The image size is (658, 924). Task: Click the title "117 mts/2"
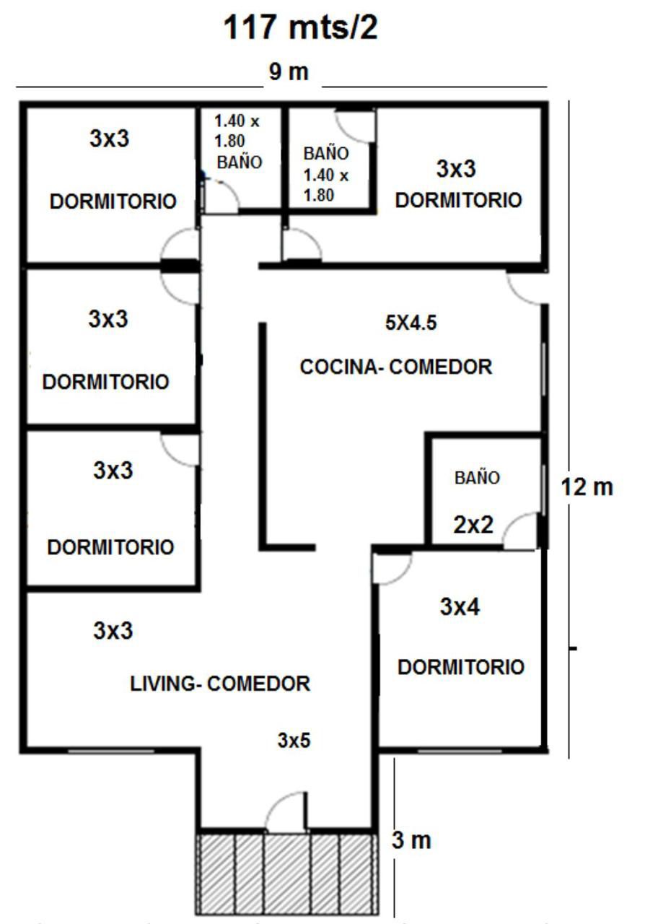300,27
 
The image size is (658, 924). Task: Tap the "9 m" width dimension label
289,71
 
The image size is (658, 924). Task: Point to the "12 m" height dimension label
587,487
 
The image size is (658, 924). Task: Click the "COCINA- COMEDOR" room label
396,367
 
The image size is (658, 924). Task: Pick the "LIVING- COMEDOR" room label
220,684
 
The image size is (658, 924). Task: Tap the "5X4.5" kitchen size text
411,323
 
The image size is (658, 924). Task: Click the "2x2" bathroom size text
473,525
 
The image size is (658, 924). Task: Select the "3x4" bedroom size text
460,607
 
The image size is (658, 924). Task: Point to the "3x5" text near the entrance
294,740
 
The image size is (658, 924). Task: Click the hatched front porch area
287,878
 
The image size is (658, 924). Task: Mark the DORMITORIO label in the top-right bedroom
458,200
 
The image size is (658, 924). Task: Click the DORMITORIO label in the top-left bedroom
113,201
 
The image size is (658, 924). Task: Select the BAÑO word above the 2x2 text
477,478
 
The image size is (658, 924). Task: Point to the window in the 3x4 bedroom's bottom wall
460,751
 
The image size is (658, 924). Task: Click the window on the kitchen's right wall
544,369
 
